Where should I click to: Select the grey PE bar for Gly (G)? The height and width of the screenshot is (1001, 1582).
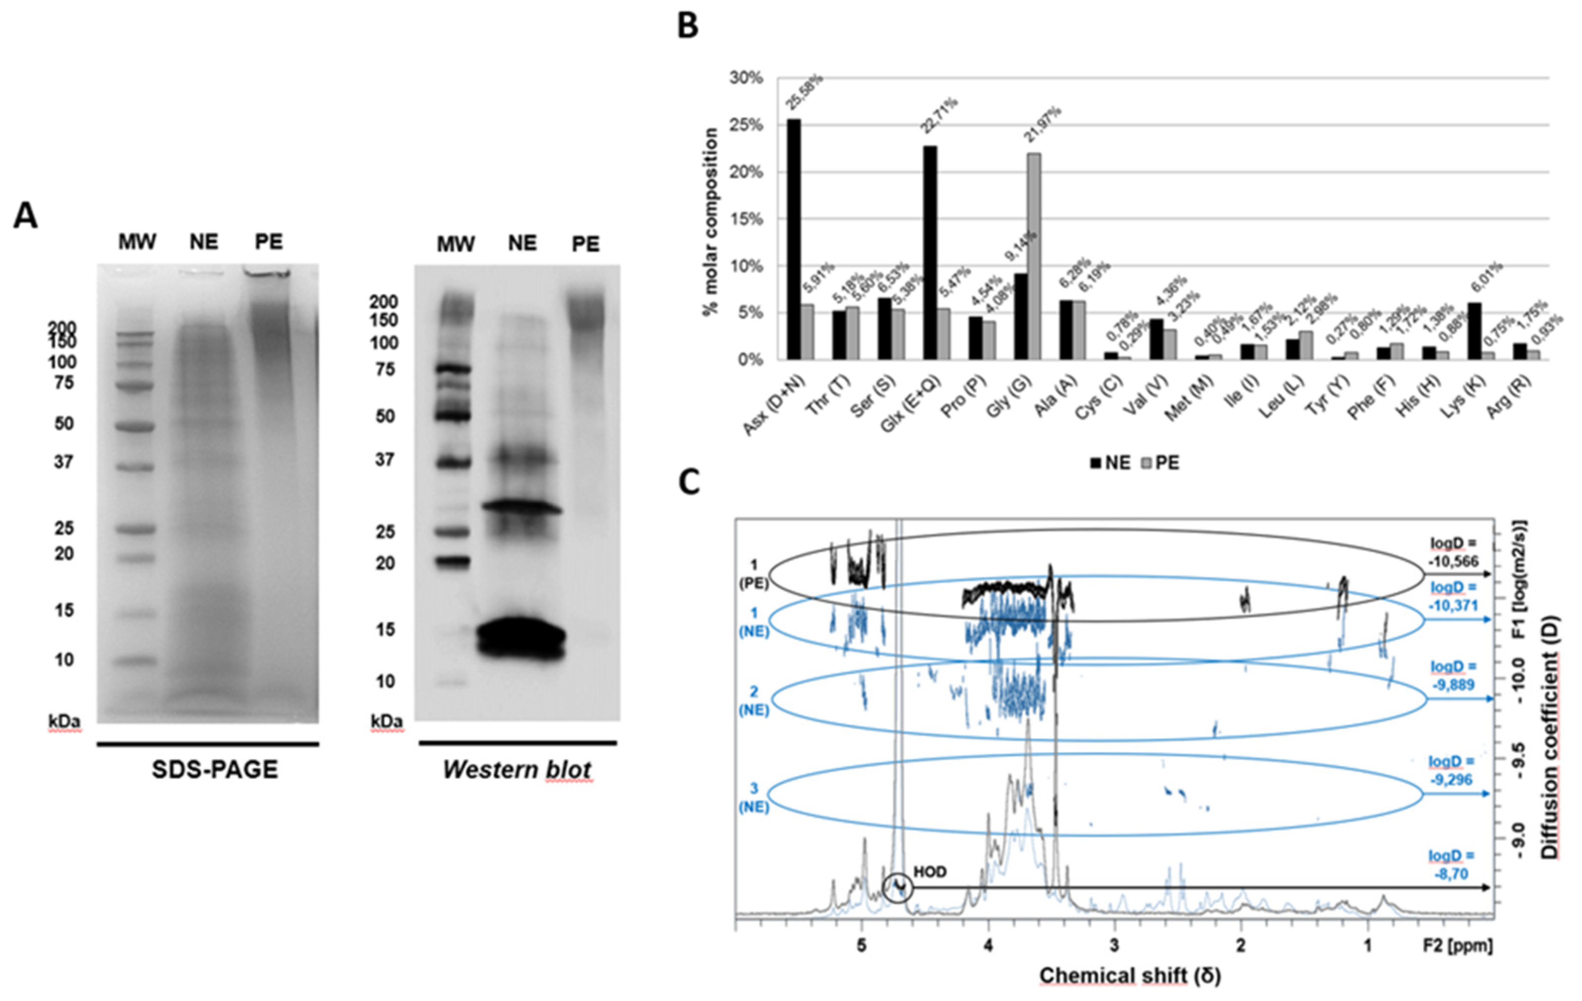tap(1033, 256)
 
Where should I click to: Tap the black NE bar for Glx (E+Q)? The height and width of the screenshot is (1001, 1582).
tap(930, 253)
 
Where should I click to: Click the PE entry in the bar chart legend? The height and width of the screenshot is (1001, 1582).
tap(1159, 462)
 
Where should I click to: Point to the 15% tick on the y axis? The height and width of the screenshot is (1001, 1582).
tap(746, 219)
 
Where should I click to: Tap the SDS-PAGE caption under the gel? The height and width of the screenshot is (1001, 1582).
tap(215, 770)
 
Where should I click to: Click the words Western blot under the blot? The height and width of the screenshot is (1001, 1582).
tap(517, 770)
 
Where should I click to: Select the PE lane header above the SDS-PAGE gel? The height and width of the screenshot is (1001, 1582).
tap(269, 242)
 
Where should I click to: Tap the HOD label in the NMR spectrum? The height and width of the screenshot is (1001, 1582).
tap(930, 872)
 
